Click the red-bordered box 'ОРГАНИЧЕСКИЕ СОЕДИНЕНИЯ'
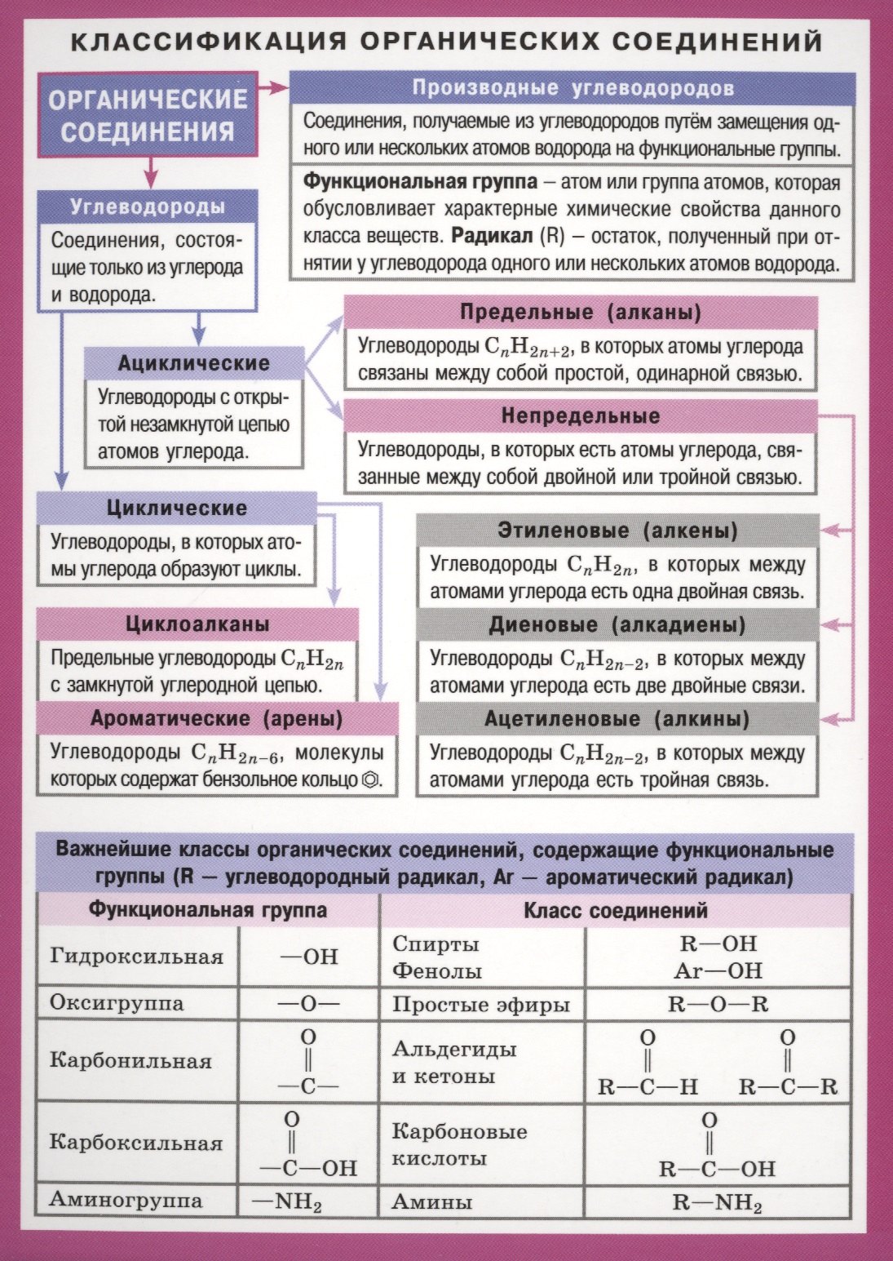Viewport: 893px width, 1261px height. click(x=147, y=114)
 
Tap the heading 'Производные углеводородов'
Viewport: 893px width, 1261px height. click(x=572, y=88)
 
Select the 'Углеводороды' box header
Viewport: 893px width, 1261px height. click(x=147, y=206)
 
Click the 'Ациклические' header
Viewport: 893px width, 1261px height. click(x=193, y=363)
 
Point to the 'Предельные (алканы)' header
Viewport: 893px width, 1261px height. click(x=580, y=313)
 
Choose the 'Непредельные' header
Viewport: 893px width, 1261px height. click(x=580, y=416)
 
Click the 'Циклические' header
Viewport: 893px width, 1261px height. click(x=176, y=508)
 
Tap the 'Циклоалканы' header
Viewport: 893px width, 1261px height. click(x=197, y=625)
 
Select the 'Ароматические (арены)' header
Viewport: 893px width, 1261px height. click(x=217, y=719)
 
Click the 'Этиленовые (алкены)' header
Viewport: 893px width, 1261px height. click(x=617, y=531)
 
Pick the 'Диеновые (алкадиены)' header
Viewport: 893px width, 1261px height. click(x=617, y=626)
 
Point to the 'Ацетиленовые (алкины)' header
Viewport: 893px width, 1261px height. click(x=617, y=720)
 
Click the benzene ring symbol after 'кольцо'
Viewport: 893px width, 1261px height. click(x=369, y=779)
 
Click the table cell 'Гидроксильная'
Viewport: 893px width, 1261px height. click(x=137, y=957)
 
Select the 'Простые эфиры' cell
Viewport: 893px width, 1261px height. click(x=481, y=1004)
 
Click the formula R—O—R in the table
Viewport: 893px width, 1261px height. click(x=718, y=1004)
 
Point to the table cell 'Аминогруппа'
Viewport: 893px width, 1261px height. click(x=126, y=1200)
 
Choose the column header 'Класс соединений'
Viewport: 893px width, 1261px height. click(x=615, y=910)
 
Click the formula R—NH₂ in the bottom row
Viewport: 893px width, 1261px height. click(x=718, y=1202)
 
